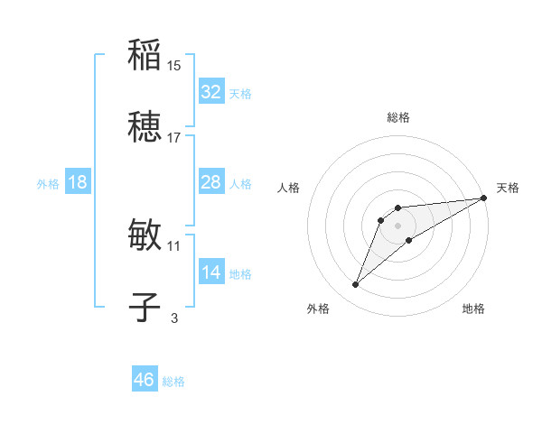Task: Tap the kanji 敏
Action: click(145, 234)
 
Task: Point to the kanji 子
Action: click(145, 307)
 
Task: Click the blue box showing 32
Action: click(211, 92)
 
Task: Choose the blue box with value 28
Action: click(211, 182)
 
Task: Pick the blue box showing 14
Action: click(211, 272)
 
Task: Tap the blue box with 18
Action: click(78, 182)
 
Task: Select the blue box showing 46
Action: click(145, 380)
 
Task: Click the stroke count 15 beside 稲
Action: click(174, 65)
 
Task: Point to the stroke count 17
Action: click(174, 138)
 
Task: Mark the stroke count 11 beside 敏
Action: click(174, 244)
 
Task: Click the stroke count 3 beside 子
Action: click(174, 318)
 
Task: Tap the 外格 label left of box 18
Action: click(48, 183)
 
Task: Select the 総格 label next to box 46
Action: click(173, 382)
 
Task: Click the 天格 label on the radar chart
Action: click(508, 188)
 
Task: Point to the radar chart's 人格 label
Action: click(289, 188)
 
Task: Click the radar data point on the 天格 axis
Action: click(483, 198)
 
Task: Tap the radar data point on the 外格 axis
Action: click(356, 285)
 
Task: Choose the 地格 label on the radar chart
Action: click(473, 309)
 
